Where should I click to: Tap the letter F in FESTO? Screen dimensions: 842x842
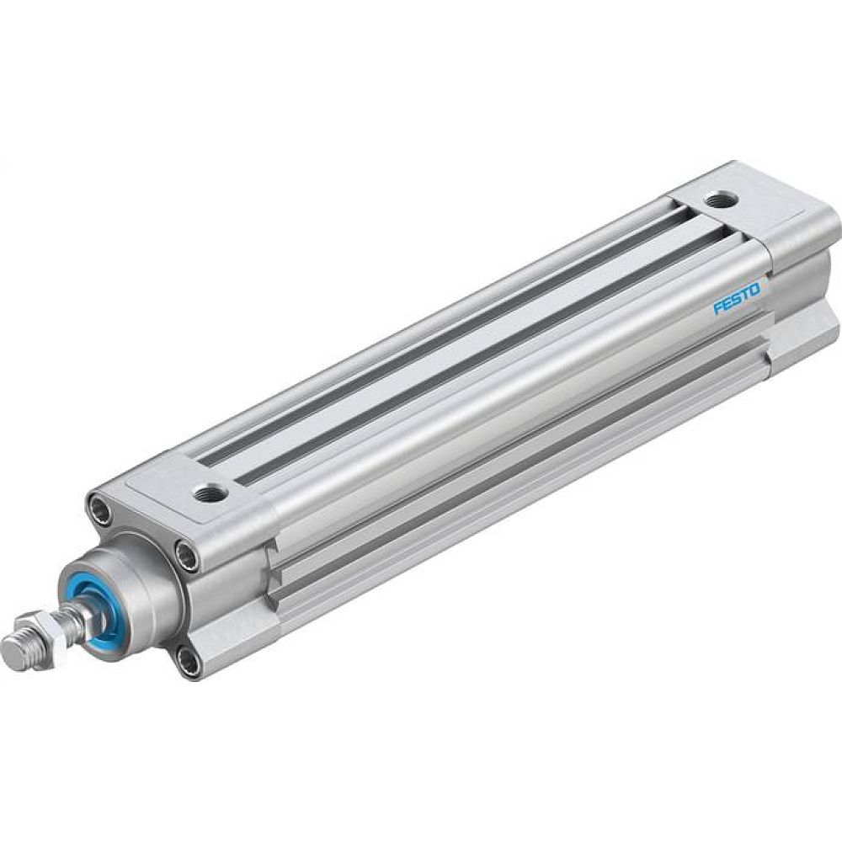click(718, 309)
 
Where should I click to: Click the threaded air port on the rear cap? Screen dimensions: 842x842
click(718, 201)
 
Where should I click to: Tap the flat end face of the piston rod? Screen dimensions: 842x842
click(11, 650)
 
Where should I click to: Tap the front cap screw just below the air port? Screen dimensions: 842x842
click(184, 551)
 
